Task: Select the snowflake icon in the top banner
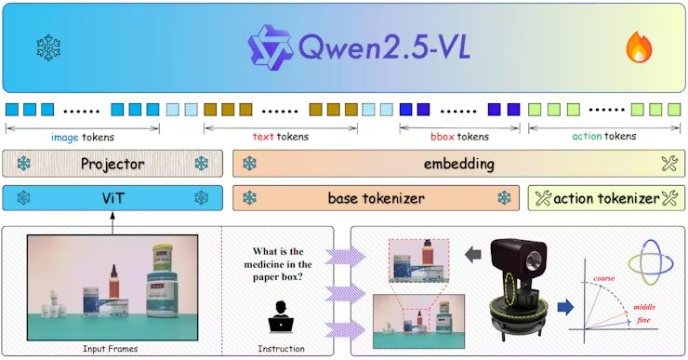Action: click(46, 45)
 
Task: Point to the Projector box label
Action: click(112, 164)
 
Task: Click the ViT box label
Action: click(112, 198)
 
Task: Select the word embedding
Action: click(455, 164)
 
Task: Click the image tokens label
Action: click(83, 137)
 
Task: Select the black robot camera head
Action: click(515, 255)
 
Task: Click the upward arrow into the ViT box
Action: click(112, 220)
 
